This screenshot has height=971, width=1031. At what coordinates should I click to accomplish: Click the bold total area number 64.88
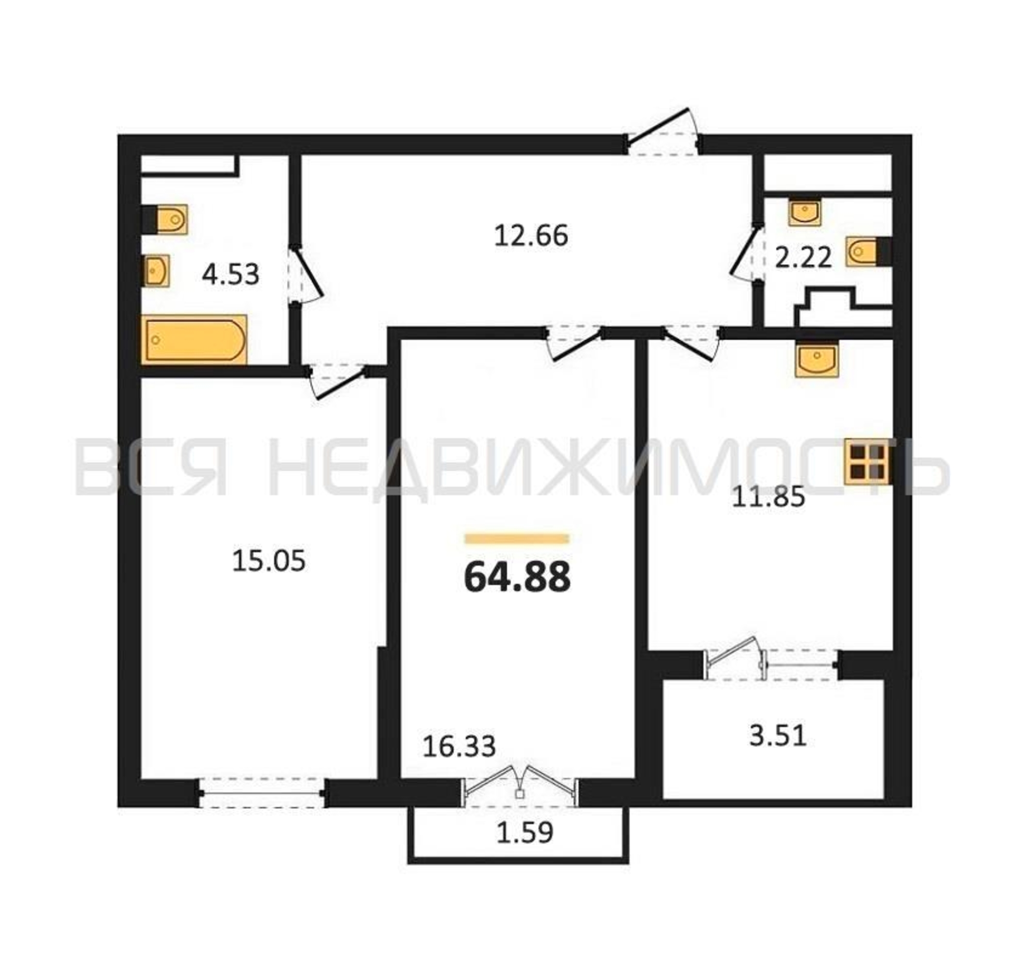click(x=517, y=577)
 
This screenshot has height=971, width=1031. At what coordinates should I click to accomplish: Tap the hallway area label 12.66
click(x=531, y=235)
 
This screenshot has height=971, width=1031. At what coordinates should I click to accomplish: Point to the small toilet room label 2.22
click(x=803, y=257)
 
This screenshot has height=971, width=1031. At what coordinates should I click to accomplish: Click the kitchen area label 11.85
click(x=768, y=497)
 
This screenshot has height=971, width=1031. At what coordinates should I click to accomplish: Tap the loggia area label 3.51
click(x=778, y=736)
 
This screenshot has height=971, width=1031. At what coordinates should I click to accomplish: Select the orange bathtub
click(x=195, y=340)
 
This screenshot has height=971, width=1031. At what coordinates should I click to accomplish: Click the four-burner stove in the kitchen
click(x=867, y=462)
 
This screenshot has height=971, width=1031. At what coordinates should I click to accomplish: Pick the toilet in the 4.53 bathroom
click(x=164, y=219)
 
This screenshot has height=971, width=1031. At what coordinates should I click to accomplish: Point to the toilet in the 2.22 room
click(x=868, y=251)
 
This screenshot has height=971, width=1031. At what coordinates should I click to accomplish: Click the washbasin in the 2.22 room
click(x=805, y=212)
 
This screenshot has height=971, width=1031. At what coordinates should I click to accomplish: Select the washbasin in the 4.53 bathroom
click(x=156, y=270)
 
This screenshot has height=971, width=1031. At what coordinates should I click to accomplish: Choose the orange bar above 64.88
click(x=517, y=539)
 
